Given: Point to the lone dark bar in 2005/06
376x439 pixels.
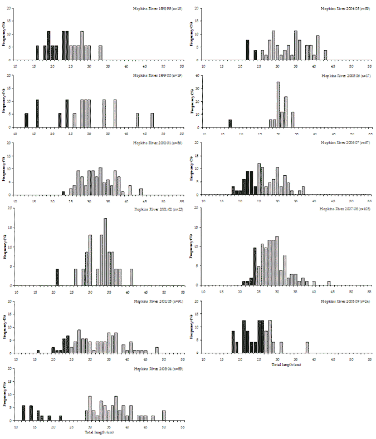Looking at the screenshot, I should pos(229,124).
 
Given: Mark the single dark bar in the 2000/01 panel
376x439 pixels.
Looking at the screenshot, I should pos(63,193).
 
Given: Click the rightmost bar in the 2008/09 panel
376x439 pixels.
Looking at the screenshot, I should pos(307,347).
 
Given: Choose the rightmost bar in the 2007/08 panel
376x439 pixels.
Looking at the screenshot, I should pos(329,283).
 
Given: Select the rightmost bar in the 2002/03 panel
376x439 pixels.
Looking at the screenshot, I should pos(157,350).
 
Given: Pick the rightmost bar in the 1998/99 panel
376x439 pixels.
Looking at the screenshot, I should pos(100,53).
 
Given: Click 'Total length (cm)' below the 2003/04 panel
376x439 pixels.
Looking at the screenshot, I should pos(99,432).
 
